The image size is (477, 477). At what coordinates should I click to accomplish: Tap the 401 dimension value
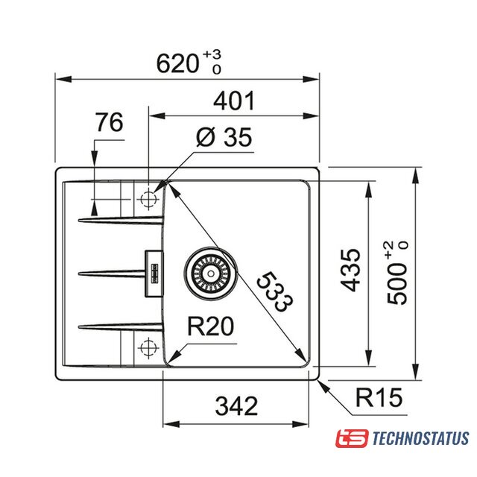click(234, 101)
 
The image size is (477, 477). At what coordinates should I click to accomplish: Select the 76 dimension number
click(110, 121)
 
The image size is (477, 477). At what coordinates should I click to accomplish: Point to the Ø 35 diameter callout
click(224, 137)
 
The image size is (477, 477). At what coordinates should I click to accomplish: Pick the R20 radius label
click(210, 326)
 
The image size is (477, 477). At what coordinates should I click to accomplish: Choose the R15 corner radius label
click(379, 397)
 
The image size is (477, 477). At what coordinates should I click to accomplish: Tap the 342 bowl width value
click(236, 405)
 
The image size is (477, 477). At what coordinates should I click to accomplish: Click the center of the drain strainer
click(210, 273)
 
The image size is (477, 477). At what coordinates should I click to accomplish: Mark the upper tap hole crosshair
click(148, 200)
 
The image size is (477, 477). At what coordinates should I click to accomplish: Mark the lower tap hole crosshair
click(148, 347)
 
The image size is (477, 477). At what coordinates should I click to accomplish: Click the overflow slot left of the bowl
click(154, 274)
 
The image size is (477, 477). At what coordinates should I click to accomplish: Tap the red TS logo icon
click(352, 438)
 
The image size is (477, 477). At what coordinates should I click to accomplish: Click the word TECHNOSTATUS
click(420, 438)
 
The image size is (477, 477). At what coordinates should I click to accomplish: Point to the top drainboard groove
click(121, 220)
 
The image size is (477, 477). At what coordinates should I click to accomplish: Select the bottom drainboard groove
click(121, 326)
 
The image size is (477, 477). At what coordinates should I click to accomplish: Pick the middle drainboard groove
click(112, 274)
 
